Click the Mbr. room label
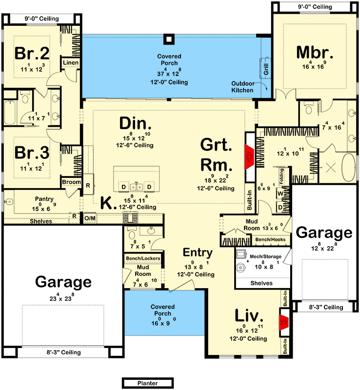315,52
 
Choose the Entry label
198,253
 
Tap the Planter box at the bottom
147,383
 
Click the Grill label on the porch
266,70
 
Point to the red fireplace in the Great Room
249,157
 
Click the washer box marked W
280,193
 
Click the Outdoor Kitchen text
242,86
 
